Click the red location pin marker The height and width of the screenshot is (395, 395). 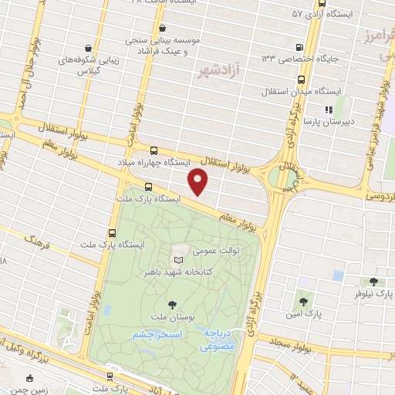pyautogui.click(x=199, y=182)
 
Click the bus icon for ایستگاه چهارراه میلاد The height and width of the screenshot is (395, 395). pyautogui.click(x=154, y=151)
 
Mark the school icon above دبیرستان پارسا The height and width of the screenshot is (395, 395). pyautogui.click(x=329, y=110)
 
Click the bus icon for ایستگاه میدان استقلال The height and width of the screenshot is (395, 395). pyautogui.click(x=299, y=79)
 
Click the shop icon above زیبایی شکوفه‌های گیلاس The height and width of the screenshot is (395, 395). pyautogui.click(x=89, y=48)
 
